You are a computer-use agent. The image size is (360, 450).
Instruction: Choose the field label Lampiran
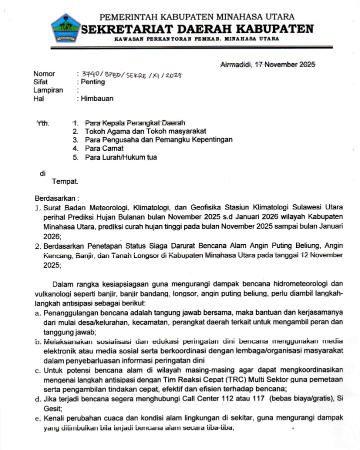click(x=48, y=90)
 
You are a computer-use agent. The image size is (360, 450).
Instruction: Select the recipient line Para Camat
click(x=104, y=148)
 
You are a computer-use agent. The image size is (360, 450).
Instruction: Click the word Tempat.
click(x=65, y=181)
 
